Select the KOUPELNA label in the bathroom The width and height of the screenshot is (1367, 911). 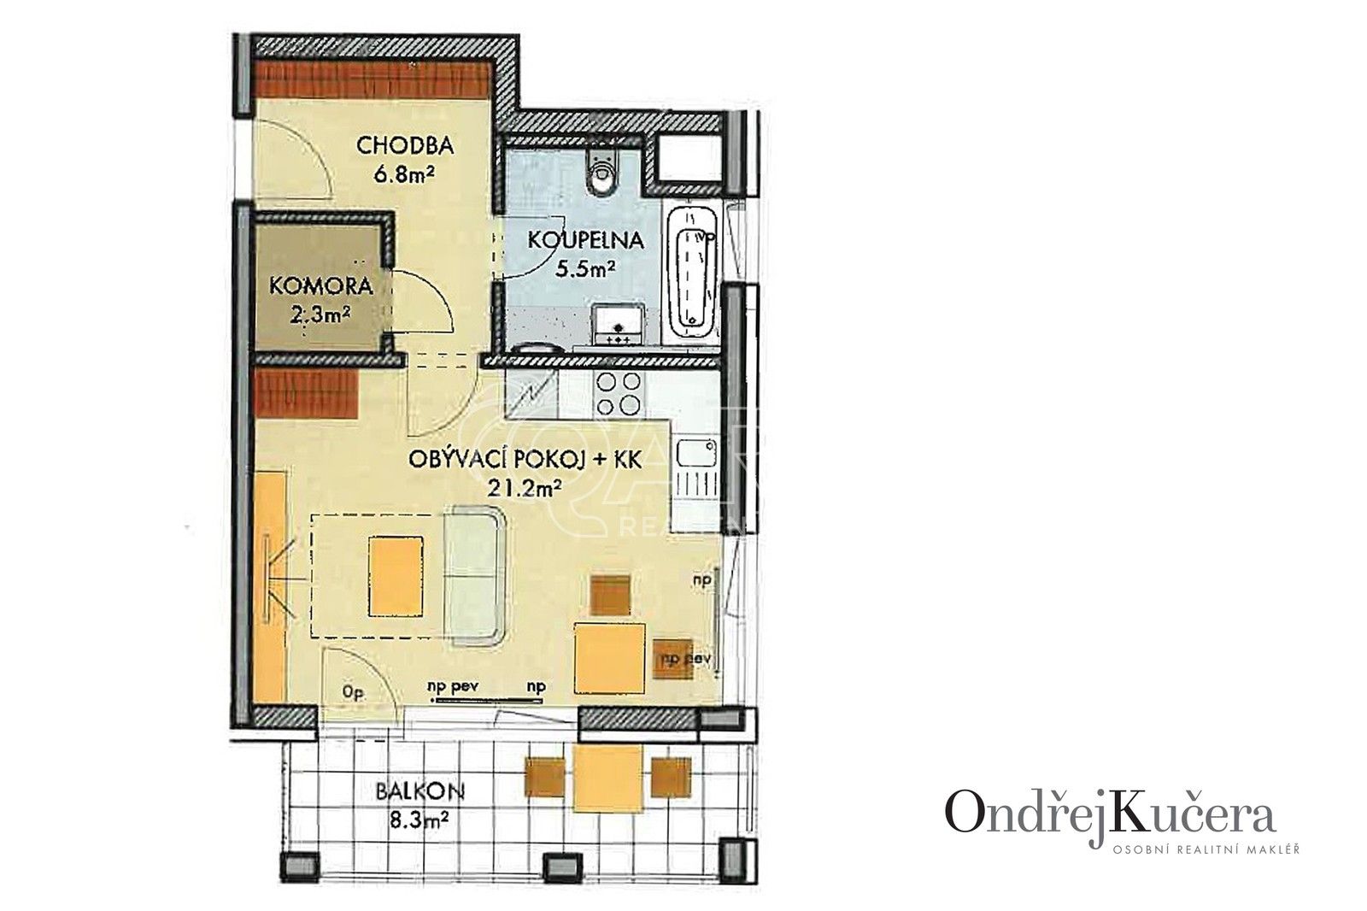pyautogui.click(x=584, y=240)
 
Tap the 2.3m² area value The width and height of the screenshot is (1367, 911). pyautogui.click(x=320, y=315)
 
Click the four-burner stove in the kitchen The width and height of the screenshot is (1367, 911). pyautogui.click(x=618, y=394)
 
